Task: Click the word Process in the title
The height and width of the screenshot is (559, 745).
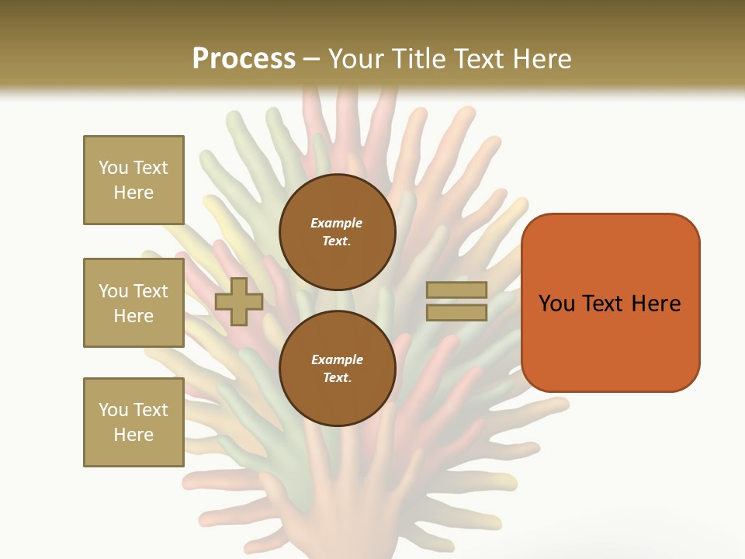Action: (x=244, y=59)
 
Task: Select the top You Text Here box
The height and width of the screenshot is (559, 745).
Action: (x=133, y=180)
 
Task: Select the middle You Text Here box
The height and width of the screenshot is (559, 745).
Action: (x=133, y=303)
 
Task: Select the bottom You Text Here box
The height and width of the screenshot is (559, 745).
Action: (x=133, y=422)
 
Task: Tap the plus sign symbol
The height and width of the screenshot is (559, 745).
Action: (x=239, y=301)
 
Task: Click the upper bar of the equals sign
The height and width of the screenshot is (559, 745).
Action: (x=456, y=290)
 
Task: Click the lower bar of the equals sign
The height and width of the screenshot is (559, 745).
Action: (x=456, y=312)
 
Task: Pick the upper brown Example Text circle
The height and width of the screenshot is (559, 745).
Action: (x=337, y=232)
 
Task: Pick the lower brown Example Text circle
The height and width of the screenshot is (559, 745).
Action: (x=337, y=369)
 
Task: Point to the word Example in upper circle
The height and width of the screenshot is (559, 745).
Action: (x=336, y=224)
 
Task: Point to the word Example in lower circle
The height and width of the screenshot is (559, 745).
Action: (x=337, y=360)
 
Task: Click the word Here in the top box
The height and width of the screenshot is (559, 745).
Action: (x=133, y=193)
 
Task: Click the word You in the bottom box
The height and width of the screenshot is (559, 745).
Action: (x=112, y=410)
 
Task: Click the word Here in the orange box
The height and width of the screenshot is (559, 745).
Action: (x=656, y=304)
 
